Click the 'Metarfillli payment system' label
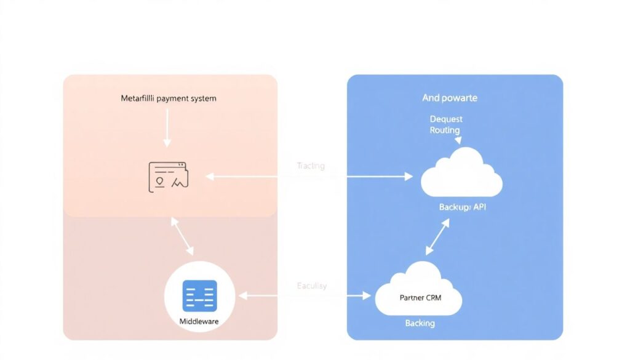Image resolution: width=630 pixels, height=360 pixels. point(169,98)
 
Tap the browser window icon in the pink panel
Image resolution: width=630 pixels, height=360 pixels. point(168,177)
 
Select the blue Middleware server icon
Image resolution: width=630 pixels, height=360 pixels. point(200,295)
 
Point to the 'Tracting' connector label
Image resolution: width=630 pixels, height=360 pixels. point(311,166)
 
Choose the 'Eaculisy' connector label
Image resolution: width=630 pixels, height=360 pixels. point(312,286)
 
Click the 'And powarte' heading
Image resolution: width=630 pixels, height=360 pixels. point(450,98)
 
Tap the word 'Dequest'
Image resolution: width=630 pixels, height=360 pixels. point(446,119)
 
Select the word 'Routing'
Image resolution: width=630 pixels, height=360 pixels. point(445,130)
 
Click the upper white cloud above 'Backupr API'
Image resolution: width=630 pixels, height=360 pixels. point(461,175)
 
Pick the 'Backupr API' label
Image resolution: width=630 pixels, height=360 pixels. point(463,207)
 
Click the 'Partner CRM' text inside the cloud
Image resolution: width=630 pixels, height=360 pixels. point(420,298)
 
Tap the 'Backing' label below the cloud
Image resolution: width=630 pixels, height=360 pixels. point(420,323)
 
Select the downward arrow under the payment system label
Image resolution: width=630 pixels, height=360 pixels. point(166,129)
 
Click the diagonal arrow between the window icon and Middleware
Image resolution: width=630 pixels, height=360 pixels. point(182,236)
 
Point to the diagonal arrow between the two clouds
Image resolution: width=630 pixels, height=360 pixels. point(437,236)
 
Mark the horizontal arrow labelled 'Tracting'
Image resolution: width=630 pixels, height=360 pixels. point(309,177)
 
